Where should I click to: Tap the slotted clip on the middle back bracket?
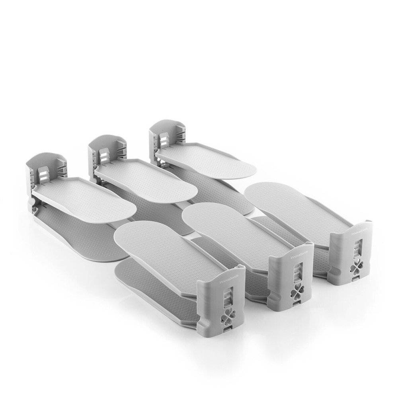[x=105, y=155]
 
